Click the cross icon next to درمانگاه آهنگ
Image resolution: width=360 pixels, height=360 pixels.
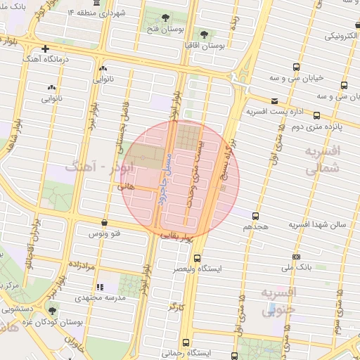[46, 49]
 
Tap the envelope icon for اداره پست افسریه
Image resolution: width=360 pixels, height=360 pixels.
[274, 101]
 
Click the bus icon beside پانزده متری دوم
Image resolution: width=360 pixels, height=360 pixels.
[316, 116]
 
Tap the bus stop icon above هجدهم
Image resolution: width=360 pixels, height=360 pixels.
[255, 216]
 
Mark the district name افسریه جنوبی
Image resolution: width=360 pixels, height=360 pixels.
[280, 300]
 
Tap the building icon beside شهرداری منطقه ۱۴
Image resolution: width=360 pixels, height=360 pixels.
[96, 13]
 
